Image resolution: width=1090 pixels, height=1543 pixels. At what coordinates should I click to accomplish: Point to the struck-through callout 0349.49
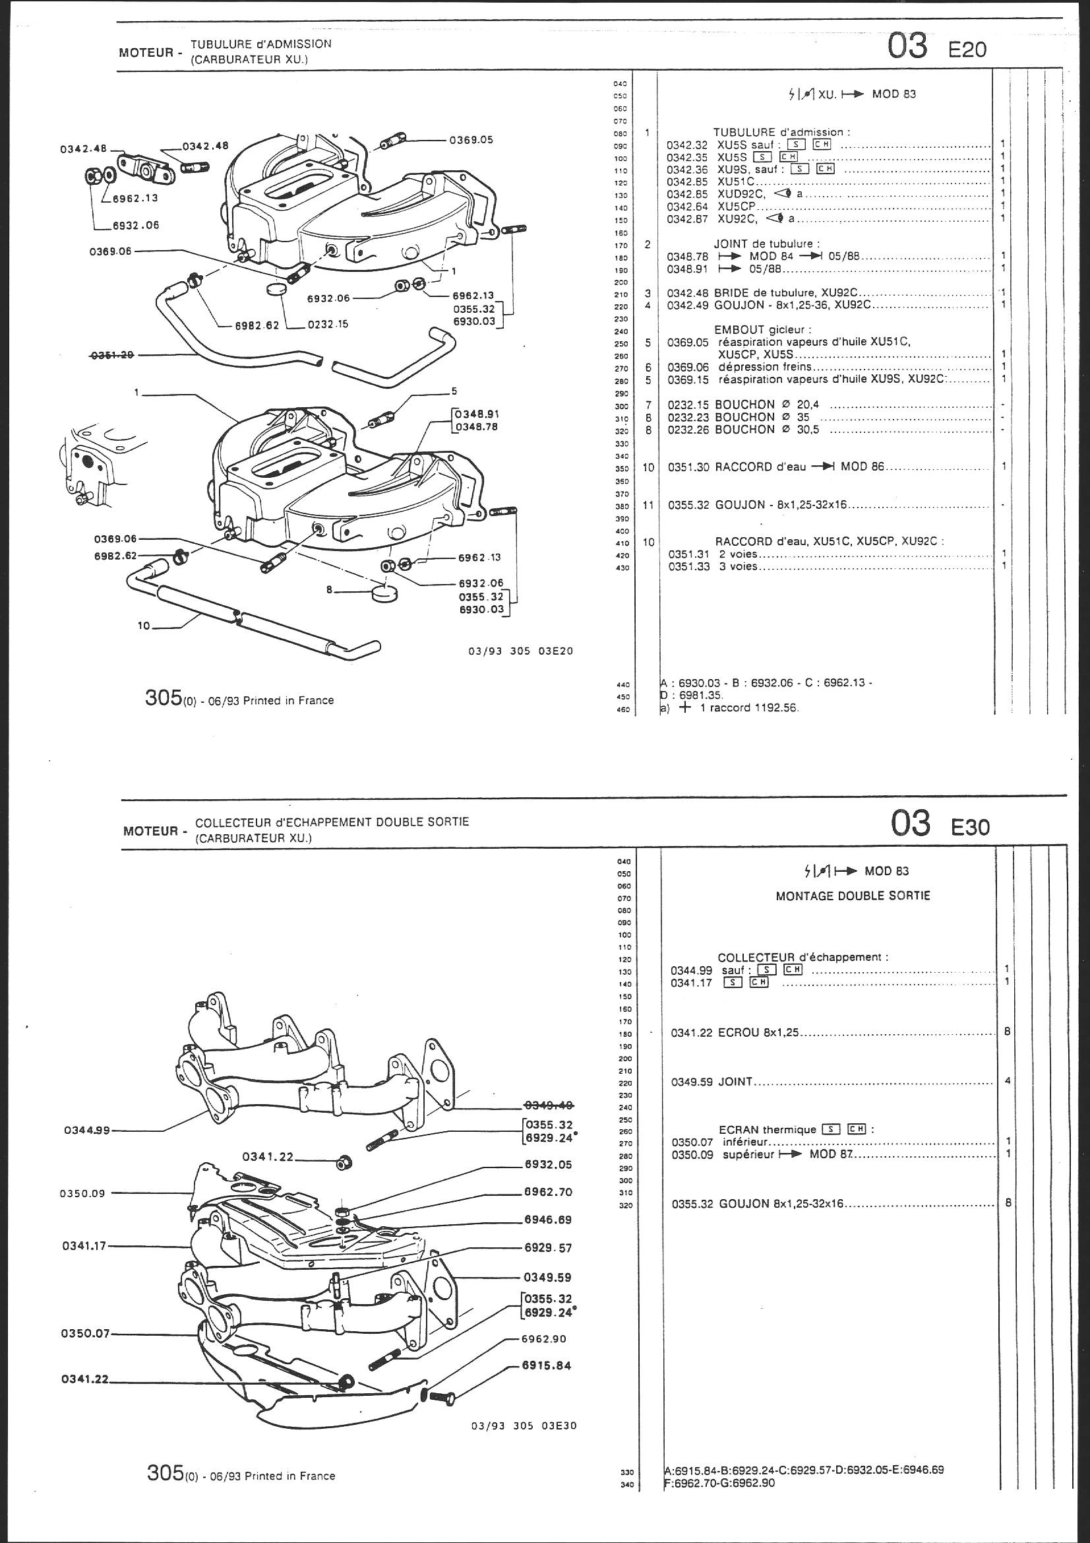(548, 1105)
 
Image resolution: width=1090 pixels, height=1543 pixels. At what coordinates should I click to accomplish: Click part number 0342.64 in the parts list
(687, 207)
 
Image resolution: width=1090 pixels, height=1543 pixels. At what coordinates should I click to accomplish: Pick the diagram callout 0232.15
(328, 324)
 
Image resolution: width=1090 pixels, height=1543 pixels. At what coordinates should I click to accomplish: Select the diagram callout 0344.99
(87, 1131)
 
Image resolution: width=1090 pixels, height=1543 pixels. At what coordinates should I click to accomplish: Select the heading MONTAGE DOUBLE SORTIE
(852, 896)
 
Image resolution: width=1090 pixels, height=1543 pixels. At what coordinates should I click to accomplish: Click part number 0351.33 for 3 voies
(688, 566)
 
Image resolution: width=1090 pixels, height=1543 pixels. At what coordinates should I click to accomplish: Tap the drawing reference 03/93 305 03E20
(521, 651)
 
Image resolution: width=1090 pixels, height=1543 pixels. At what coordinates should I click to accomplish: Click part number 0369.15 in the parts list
(687, 379)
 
